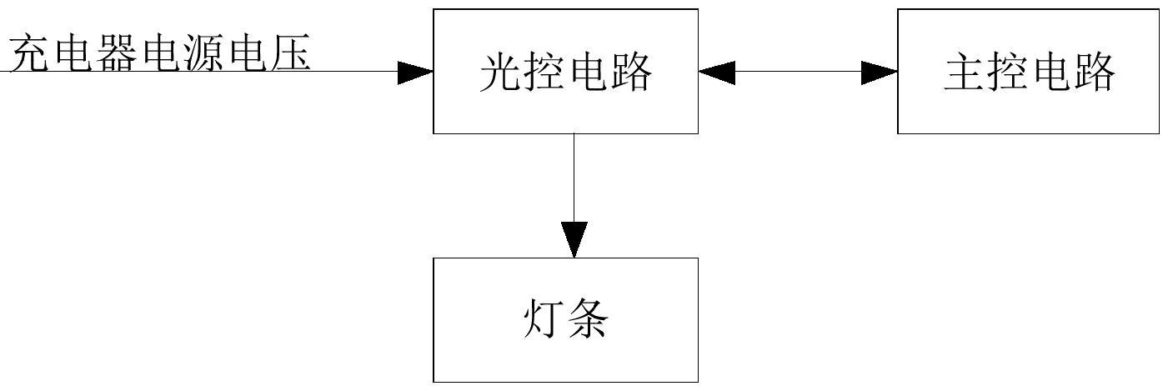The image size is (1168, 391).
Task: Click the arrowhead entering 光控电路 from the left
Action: (415, 73)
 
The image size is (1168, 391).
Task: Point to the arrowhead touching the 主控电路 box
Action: (880, 73)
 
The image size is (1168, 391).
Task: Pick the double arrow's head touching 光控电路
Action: (717, 73)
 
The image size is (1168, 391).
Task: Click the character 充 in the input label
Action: (30, 53)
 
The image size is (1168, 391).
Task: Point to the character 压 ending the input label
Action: (290, 53)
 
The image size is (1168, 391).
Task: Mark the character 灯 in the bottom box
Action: (544, 318)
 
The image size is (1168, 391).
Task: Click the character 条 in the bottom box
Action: (587, 318)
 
